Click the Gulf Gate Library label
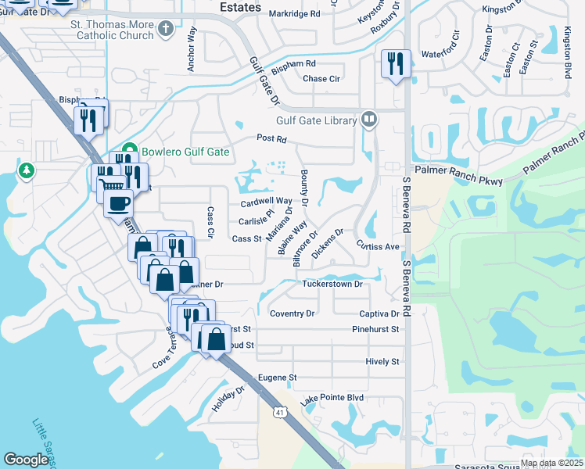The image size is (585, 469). (x=317, y=121)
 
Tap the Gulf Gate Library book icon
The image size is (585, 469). (x=369, y=120)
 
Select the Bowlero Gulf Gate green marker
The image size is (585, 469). (x=129, y=152)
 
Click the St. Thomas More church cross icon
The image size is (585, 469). (x=165, y=30)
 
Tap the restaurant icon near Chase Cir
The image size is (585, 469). (x=395, y=63)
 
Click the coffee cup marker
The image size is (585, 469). (x=117, y=204)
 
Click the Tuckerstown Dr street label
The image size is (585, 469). (x=332, y=285)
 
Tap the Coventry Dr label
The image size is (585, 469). (x=292, y=313)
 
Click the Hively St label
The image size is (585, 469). (x=382, y=362)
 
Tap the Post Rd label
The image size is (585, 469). (x=272, y=139)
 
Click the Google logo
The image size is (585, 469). (x=26, y=460)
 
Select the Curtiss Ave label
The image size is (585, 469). (x=379, y=246)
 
